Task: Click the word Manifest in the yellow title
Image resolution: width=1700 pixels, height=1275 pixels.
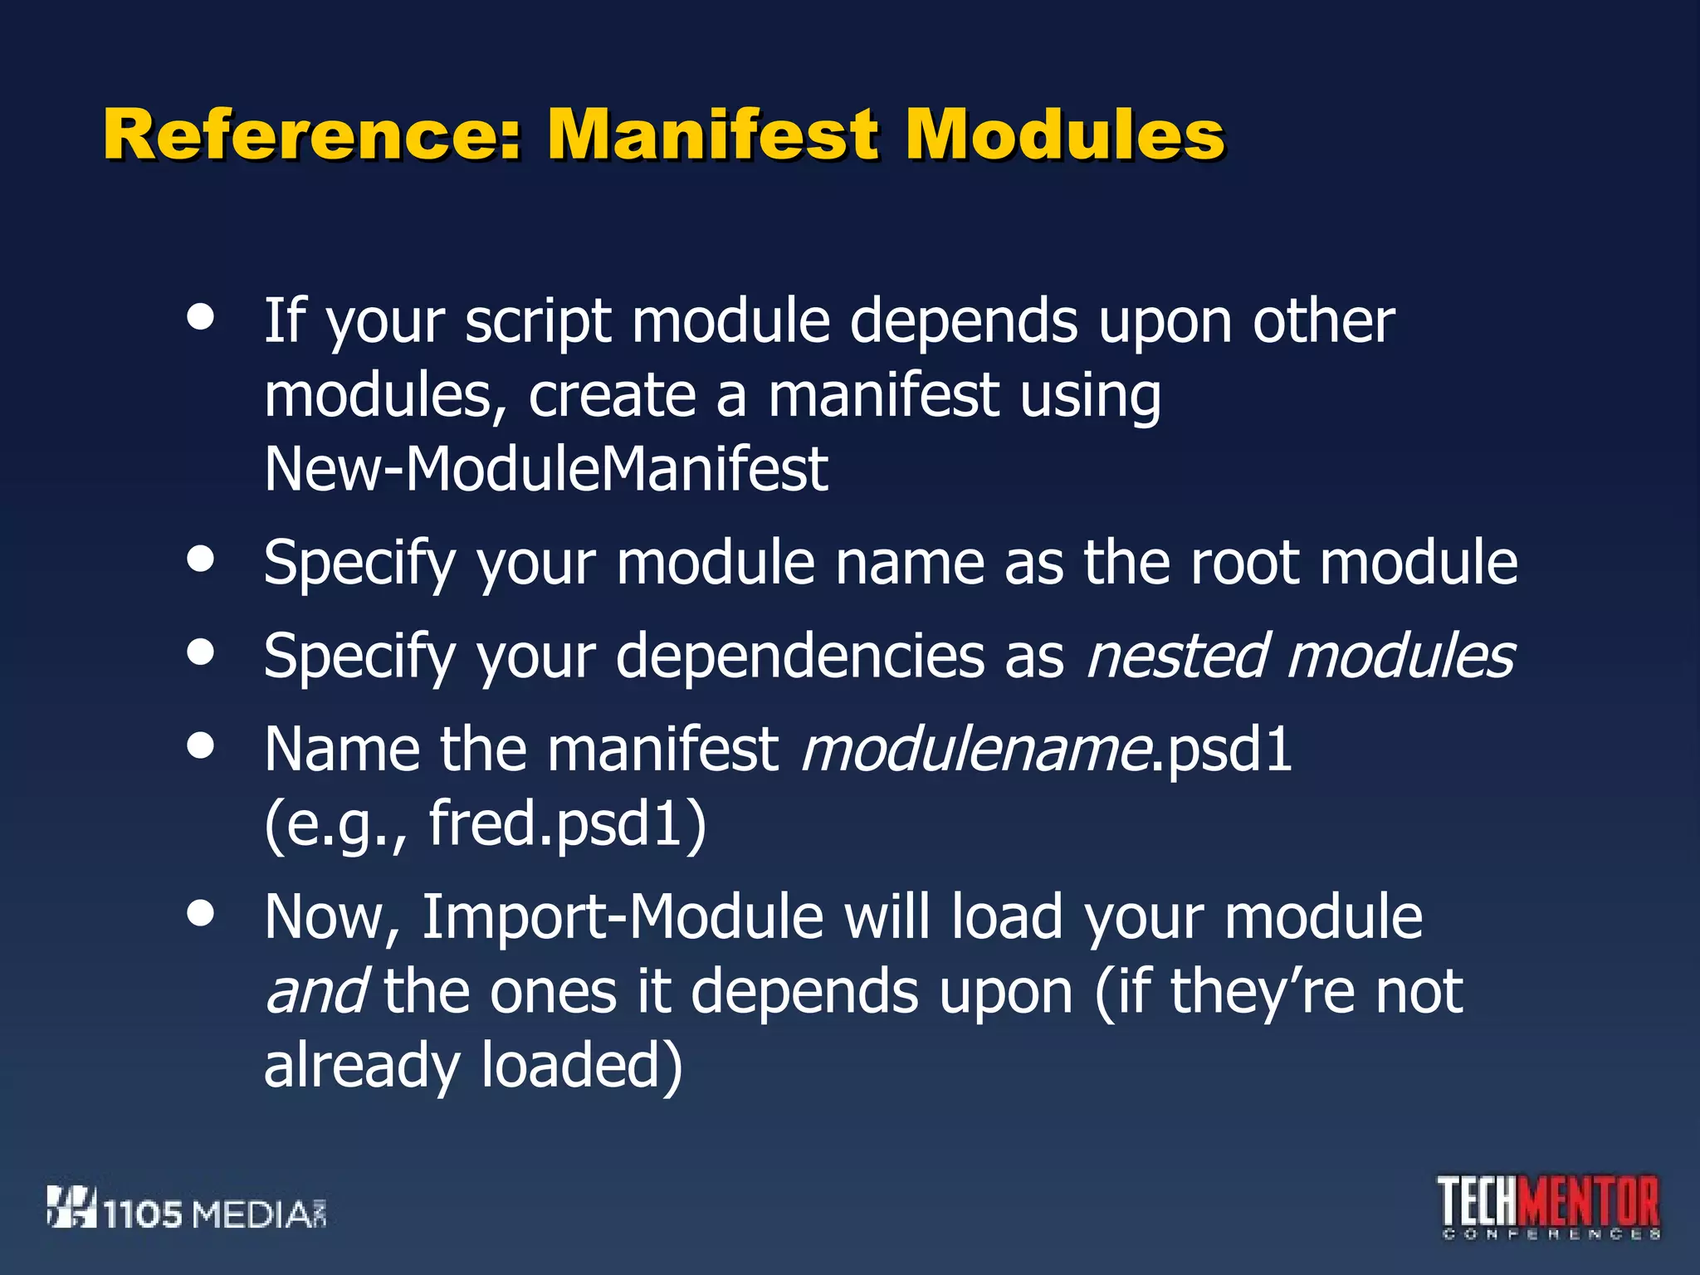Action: pos(712,134)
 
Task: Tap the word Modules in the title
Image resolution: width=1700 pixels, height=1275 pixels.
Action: pos(1065,134)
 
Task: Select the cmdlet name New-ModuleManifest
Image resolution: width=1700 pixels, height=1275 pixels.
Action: pos(545,470)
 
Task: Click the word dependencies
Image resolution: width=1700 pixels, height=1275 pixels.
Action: pos(799,656)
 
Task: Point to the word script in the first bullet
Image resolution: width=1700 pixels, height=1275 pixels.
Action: pos(538,322)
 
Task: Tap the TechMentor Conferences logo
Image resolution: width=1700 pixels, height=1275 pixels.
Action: pos(1549,1207)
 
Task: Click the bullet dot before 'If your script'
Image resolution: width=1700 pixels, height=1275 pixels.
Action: pos(201,317)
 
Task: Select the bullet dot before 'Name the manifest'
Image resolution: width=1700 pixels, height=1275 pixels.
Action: pos(201,745)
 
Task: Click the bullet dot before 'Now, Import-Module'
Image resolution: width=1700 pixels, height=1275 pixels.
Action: pos(201,913)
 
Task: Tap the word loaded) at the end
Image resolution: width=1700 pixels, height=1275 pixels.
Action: pos(581,1066)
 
